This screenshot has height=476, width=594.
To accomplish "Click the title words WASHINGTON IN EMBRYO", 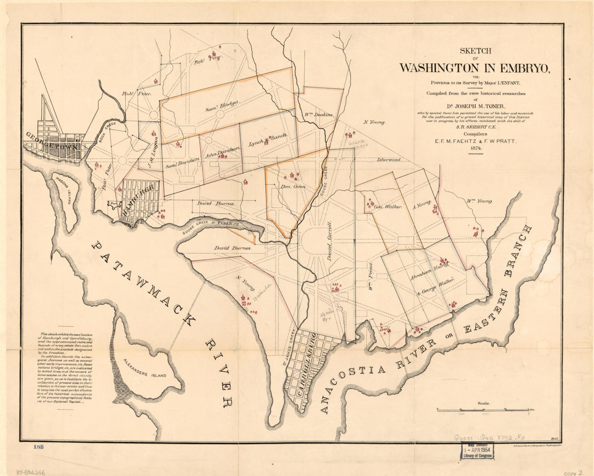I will pyautogui.click(x=475, y=68).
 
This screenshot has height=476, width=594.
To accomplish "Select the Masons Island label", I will pyautogui.click(x=63, y=190).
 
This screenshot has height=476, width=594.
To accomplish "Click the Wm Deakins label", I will pyautogui.click(x=317, y=115).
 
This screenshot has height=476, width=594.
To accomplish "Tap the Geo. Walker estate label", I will pyautogui.click(x=388, y=206).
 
